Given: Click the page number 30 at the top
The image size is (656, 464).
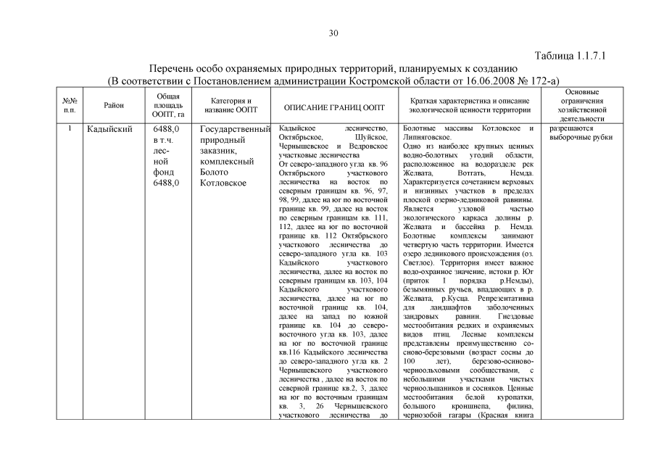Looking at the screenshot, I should [333, 32].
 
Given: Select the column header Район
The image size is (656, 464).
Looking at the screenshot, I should [114, 106].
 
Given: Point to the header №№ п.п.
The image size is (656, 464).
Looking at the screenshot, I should [70, 106].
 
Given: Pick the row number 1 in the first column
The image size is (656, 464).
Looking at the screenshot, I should [70, 129].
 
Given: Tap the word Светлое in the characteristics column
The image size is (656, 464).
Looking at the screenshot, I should [420, 264].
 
